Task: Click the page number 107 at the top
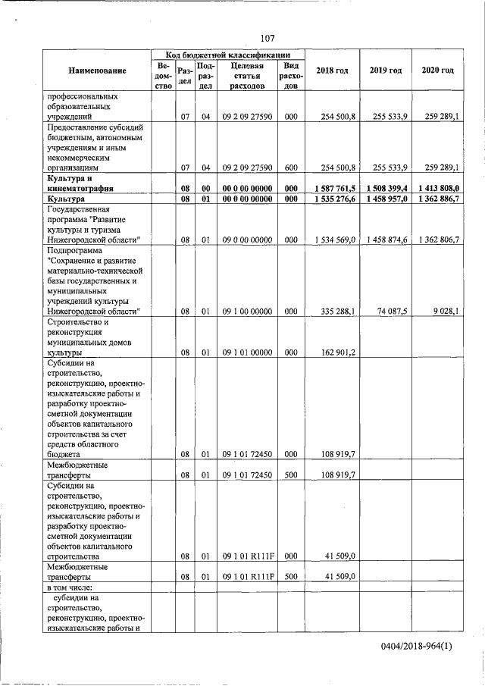tap(267, 38)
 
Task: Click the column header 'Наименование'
tap(97, 70)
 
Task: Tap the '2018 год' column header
tap(331, 70)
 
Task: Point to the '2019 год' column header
tap(386, 70)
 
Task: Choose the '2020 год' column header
tap(437, 70)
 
